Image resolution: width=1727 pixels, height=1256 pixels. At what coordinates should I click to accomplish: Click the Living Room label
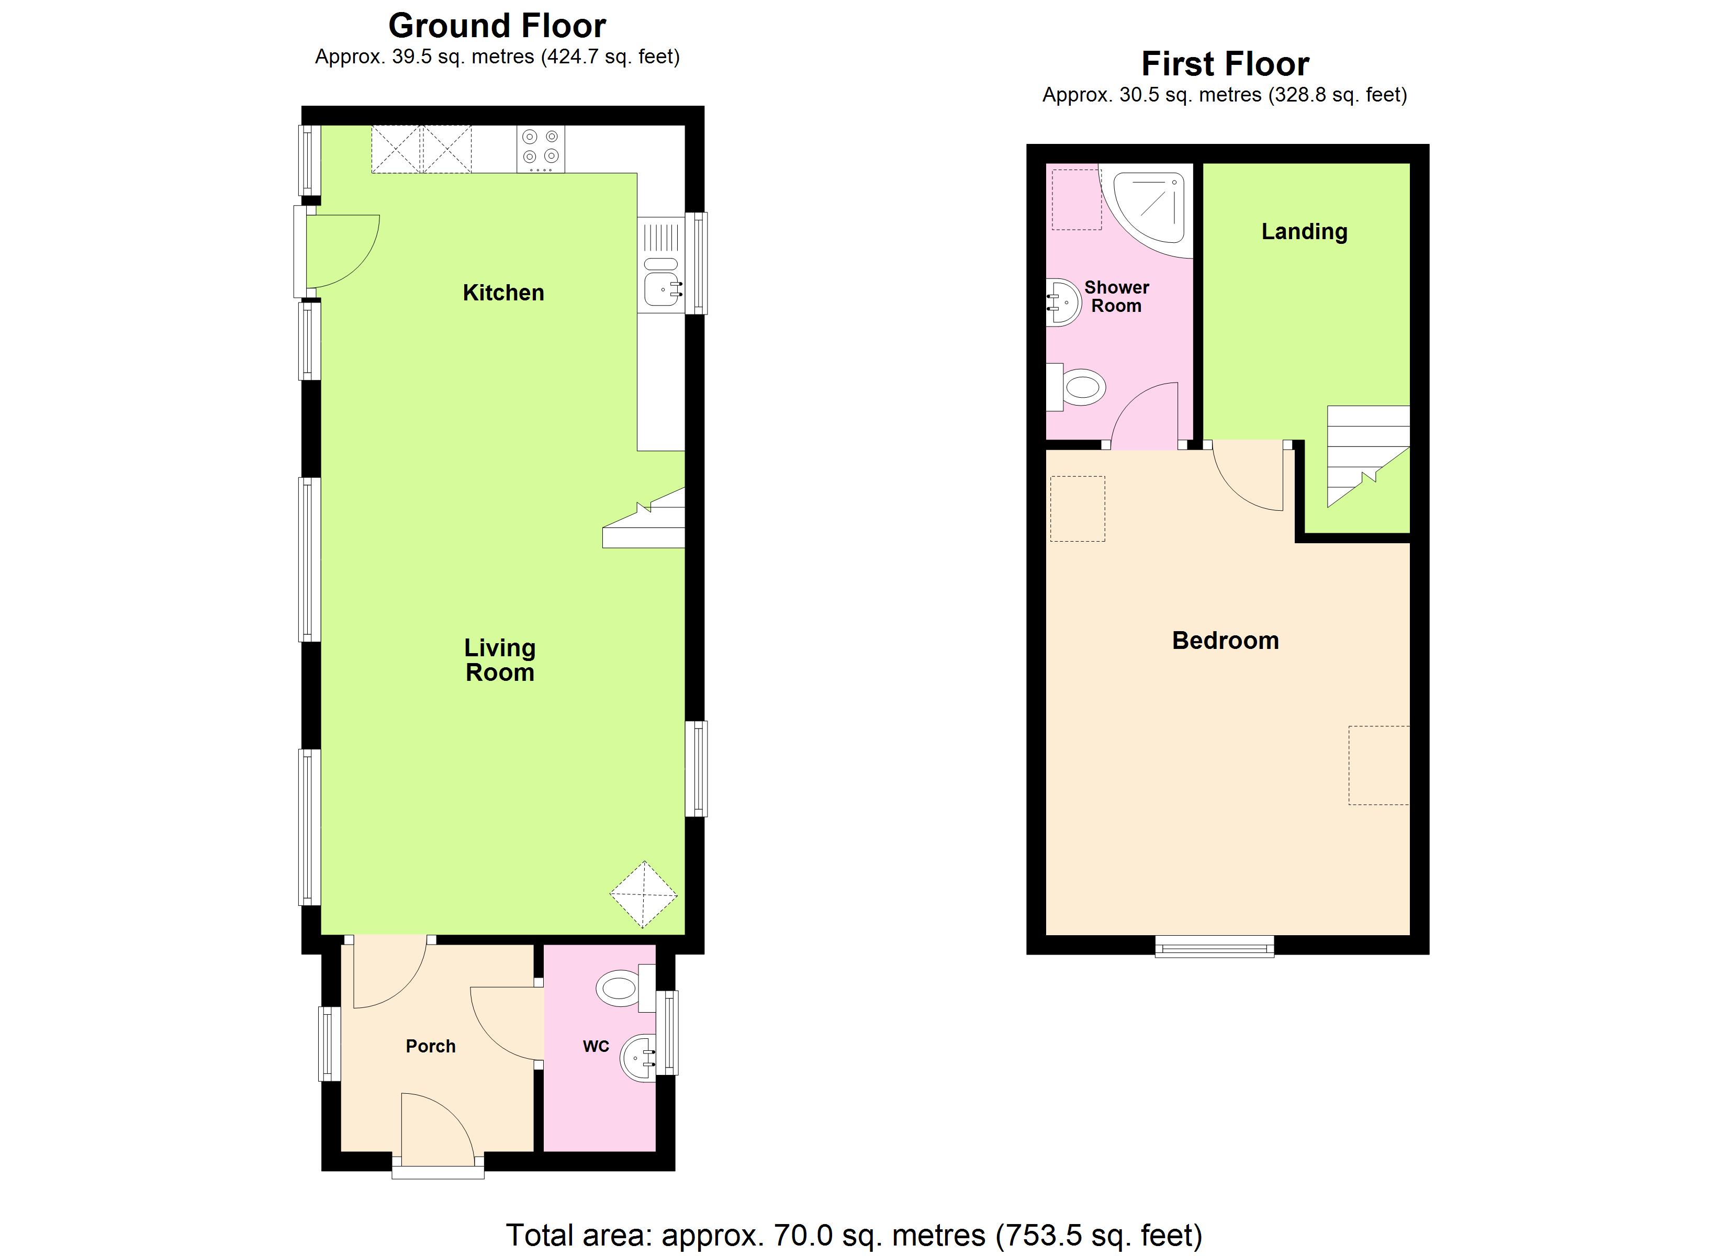(x=499, y=659)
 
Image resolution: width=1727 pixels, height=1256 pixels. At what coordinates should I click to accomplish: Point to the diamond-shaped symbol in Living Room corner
(x=643, y=895)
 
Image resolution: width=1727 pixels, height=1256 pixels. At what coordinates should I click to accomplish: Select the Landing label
(x=1304, y=231)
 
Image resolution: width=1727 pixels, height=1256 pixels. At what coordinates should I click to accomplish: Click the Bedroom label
(x=1225, y=641)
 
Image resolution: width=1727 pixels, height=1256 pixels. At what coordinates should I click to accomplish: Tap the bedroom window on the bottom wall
(x=1215, y=947)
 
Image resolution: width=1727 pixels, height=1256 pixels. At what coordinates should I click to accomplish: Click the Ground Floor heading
(x=497, y=26)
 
